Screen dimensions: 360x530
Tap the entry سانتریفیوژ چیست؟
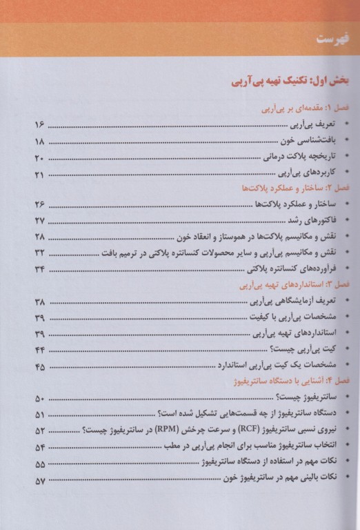(297, 398)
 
